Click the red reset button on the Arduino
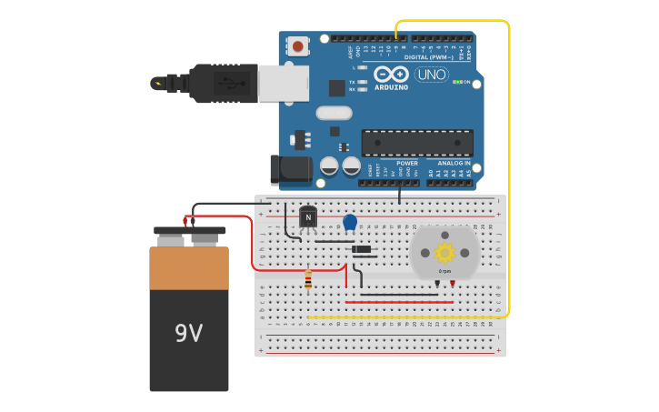298,45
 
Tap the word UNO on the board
431,75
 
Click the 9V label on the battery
189,333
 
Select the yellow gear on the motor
444,252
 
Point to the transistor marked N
308,217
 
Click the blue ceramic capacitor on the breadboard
350,222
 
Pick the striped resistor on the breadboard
308,280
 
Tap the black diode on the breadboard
362,249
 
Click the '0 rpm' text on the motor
444,271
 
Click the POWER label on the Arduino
406,163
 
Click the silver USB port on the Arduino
283,82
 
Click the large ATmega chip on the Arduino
417,143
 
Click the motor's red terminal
453,284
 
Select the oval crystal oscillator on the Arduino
334,113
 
